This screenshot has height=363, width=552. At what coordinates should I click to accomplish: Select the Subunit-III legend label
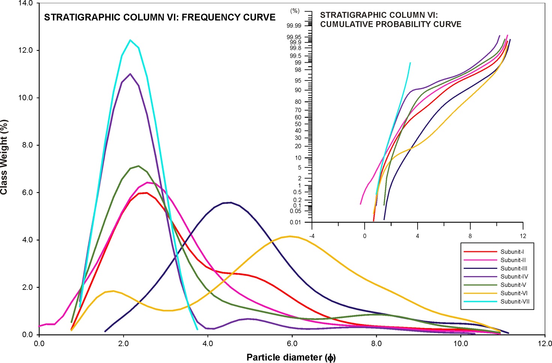pos(514,268)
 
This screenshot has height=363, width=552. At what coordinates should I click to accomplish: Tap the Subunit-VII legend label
pos(515,301)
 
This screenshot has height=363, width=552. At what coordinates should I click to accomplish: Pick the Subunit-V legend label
pos(513,285)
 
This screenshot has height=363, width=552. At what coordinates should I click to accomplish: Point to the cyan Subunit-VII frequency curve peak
pos(130,40)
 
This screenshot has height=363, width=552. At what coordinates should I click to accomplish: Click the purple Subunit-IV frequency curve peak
pos(130,74)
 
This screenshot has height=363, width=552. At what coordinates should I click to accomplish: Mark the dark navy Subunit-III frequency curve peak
pos(231,202)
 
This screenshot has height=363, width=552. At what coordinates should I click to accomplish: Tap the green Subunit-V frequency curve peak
pos(139,166)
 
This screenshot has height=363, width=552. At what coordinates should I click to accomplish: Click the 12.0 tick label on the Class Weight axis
pos(26,50)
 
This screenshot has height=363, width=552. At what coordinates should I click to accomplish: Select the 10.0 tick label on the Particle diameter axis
pos(460,343)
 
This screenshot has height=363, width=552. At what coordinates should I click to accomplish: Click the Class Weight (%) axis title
pos(4,157)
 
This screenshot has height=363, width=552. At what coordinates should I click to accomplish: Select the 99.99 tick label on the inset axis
pos(294,26)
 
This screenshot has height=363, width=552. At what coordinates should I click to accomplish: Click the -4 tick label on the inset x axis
pos(312,236)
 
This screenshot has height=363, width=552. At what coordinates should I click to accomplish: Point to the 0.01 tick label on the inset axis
pos(295,222)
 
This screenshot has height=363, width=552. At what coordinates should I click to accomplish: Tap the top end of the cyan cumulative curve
pos(410,63)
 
